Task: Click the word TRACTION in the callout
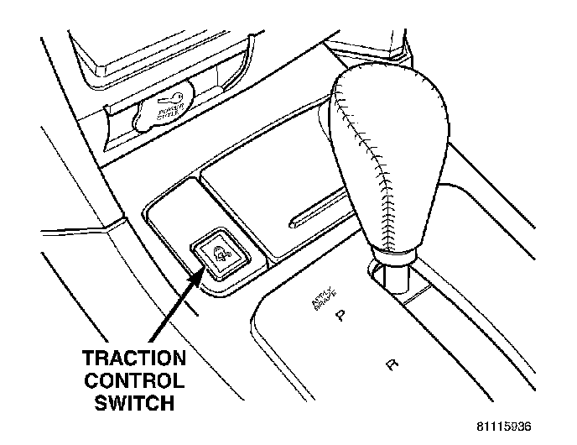[133, 357]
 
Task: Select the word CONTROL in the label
[133, 380]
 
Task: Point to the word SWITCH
[133, 403]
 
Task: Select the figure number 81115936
[499, 426]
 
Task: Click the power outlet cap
[164, 109]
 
